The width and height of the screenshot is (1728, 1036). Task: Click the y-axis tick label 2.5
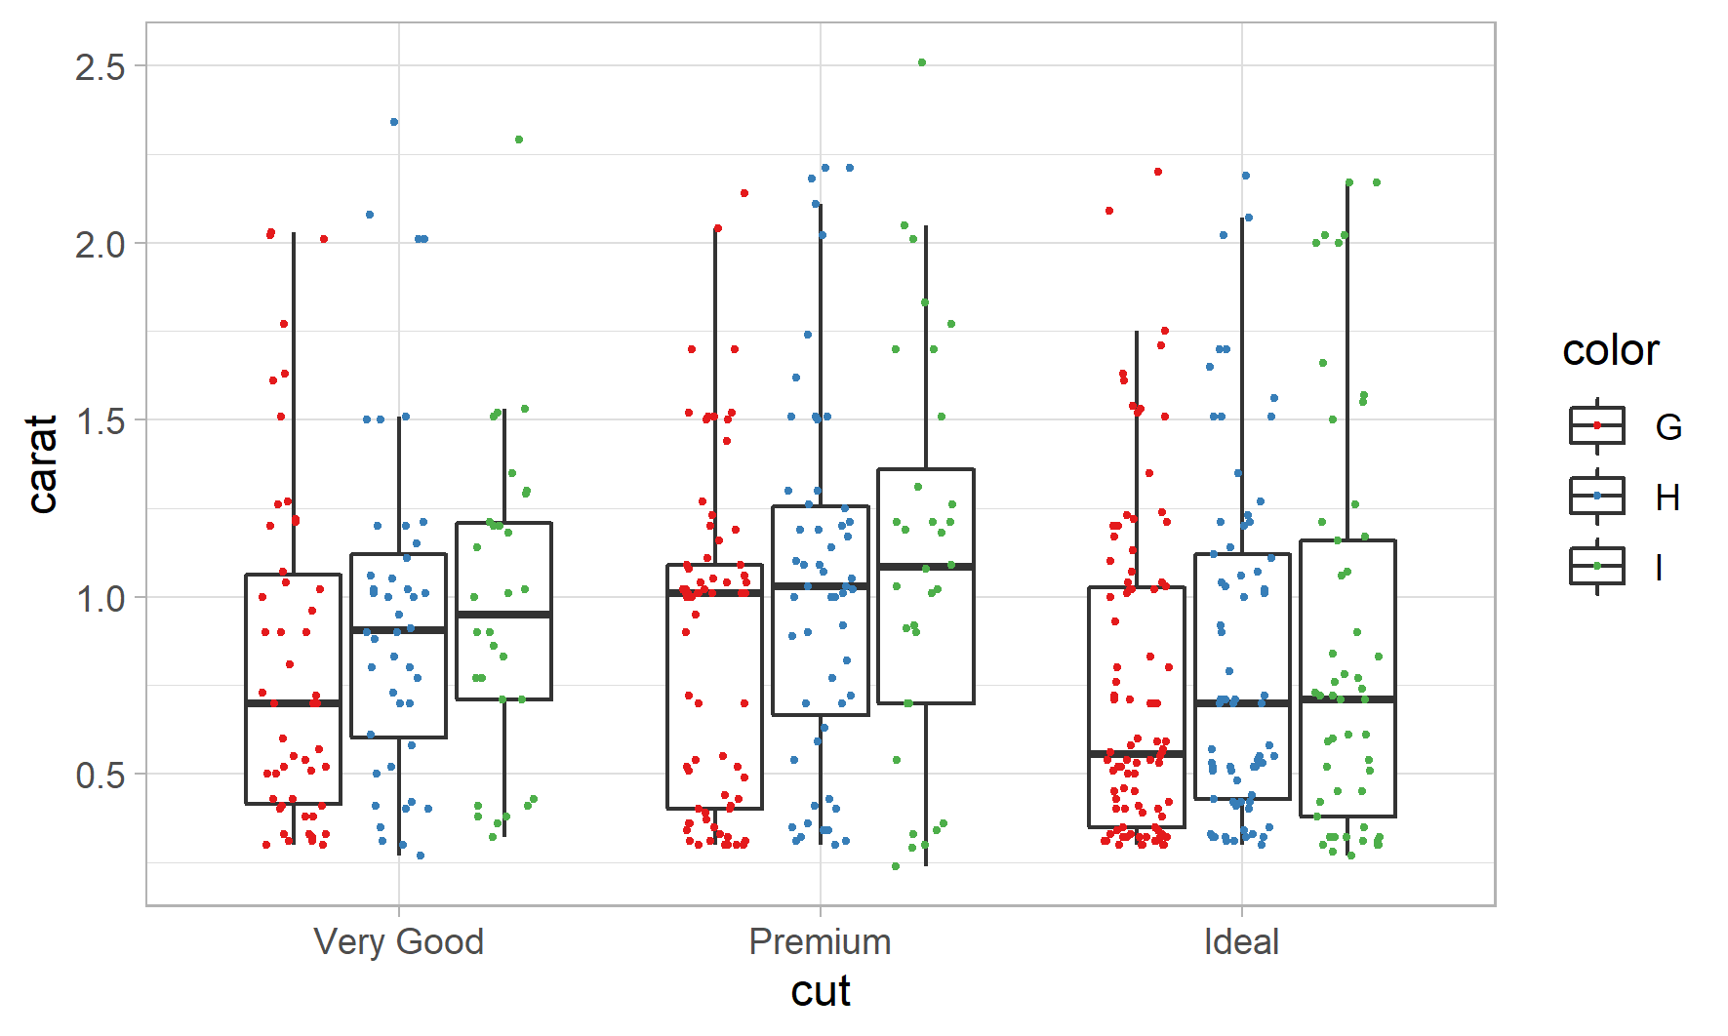pyautogui.click(x=100, y=67)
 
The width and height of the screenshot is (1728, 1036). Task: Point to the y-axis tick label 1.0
pyautogui.click(x=100, y=598)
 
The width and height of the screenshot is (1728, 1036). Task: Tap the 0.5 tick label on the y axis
pyautogui.click(x=100, y=776)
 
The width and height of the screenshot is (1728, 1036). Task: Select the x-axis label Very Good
pyautogui.click(x=398, y=942)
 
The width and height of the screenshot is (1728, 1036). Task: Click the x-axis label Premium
pyautogui.click(x=820, y=942)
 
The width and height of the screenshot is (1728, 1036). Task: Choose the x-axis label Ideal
pyautogui.click(x=1241, y=942)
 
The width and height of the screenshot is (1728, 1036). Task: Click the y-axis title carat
pyautogui.click(x=43, y=463)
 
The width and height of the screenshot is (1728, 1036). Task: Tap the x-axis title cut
pyautogui.click(x=821, y=991)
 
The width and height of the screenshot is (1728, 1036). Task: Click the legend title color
pyautogui.click(x=1610, y=350)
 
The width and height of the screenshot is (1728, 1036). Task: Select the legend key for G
pyautogui.click(x=1596, y=425)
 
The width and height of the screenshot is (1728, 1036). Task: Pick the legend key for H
pyautogui.click(x=1596, y=496)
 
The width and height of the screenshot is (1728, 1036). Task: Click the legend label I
pyautogui.click(x=1659, y=567)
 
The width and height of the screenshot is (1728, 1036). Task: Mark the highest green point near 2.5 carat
pyautogui.click(x=922, y=62)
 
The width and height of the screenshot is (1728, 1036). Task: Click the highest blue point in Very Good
pyautogui.click(x=394, y=122)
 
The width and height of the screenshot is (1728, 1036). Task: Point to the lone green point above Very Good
pyautogui.click(x=519, y=139)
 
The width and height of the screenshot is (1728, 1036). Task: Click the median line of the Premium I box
pyautogui.click(x=925, y=566)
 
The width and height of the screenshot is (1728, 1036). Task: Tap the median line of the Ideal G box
pyautogui.click(x=1136, y=754)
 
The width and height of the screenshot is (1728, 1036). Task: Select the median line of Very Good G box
pyautogui.click(x=293, y=702)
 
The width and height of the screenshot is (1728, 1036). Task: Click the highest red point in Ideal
pyautogui.click(x=1158, y=172)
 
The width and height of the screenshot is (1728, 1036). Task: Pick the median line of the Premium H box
pyautogui.click(x=820, y=586)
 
